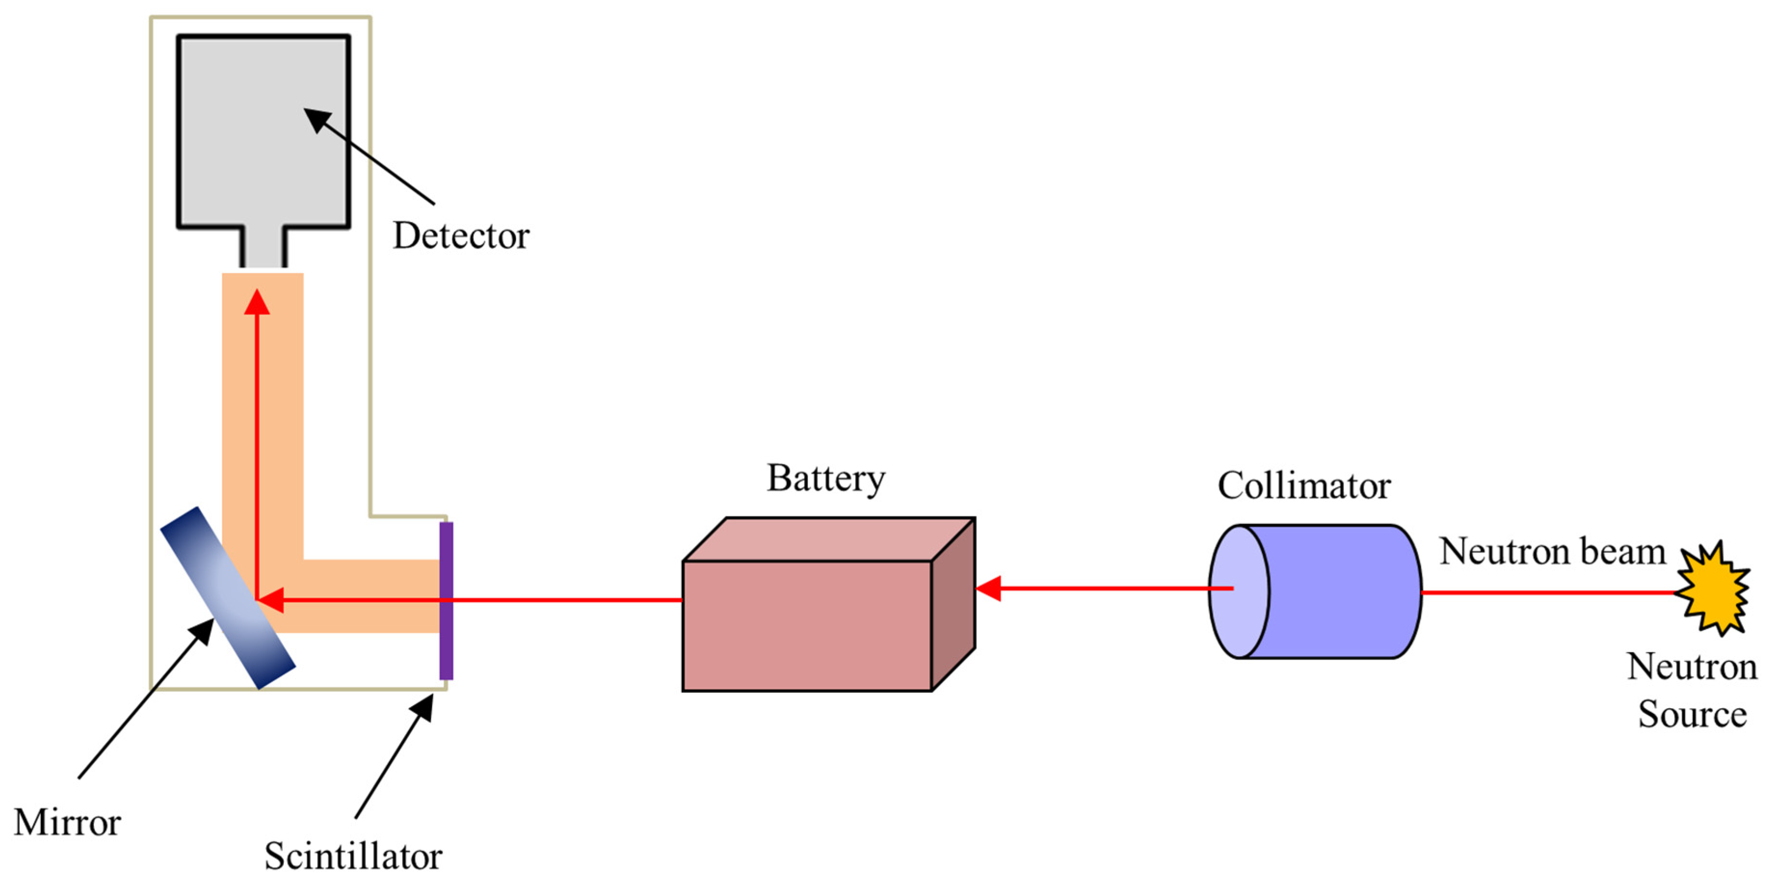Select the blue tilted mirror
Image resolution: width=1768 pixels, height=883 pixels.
[228, 598]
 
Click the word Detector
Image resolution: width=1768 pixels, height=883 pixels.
[461, 236]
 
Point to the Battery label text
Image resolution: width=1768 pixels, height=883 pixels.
[826, 478]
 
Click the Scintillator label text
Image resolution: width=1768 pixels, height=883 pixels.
[354, 856]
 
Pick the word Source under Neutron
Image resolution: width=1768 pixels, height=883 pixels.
[1692, 714]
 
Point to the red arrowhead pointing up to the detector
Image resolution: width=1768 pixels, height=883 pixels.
[257, 303]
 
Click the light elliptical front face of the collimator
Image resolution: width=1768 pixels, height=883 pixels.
[1238, 592]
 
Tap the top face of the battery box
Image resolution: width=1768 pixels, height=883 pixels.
[829, 539]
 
